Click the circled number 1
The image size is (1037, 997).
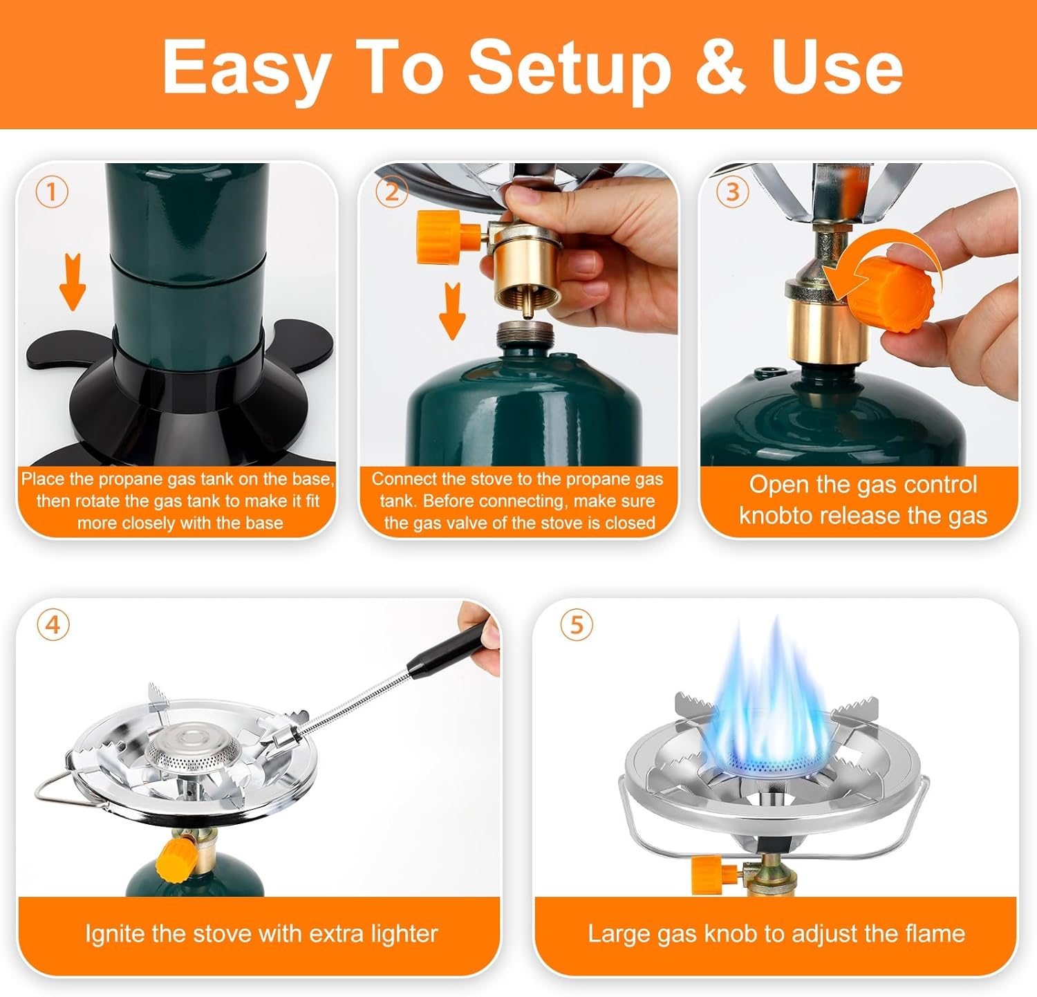(x=52, y=192)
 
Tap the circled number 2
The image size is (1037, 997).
(x=391, y=192)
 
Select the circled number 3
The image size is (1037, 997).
(x=733, y=192)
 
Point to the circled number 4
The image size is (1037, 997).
(x=53, y=626)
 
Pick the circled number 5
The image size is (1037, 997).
(x=577, y=626)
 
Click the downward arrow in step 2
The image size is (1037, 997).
(x=452, y=310)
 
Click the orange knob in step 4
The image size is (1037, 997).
(x=171, y=859)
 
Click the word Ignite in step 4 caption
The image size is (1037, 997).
(x=115, y=934)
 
